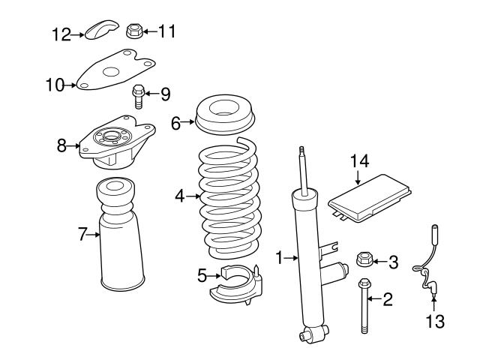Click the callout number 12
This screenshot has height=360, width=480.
tap(61, 34)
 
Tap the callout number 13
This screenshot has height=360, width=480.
tap(435, 322)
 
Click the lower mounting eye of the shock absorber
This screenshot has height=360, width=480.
tap(308, 333)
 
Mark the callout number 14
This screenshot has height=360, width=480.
tap(359, 160)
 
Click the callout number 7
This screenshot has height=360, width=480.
tap(84, 235)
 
